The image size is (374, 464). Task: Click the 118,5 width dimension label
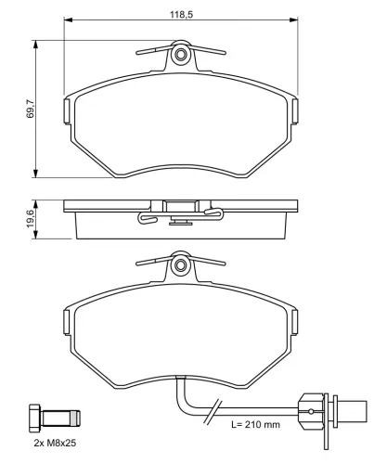pos(182,11)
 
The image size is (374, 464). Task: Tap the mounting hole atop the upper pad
pos(182,58)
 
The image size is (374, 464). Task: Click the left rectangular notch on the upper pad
pos(67,111)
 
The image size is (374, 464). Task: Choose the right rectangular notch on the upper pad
pos(297,111)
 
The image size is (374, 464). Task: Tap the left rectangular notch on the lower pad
pos(67,321)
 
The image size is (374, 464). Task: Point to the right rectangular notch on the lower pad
pos(297,321)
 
